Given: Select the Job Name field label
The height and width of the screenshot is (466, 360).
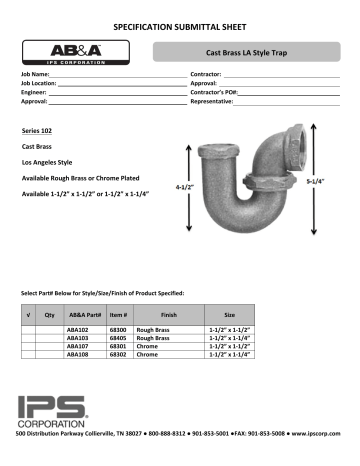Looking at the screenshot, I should [35, 75].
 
